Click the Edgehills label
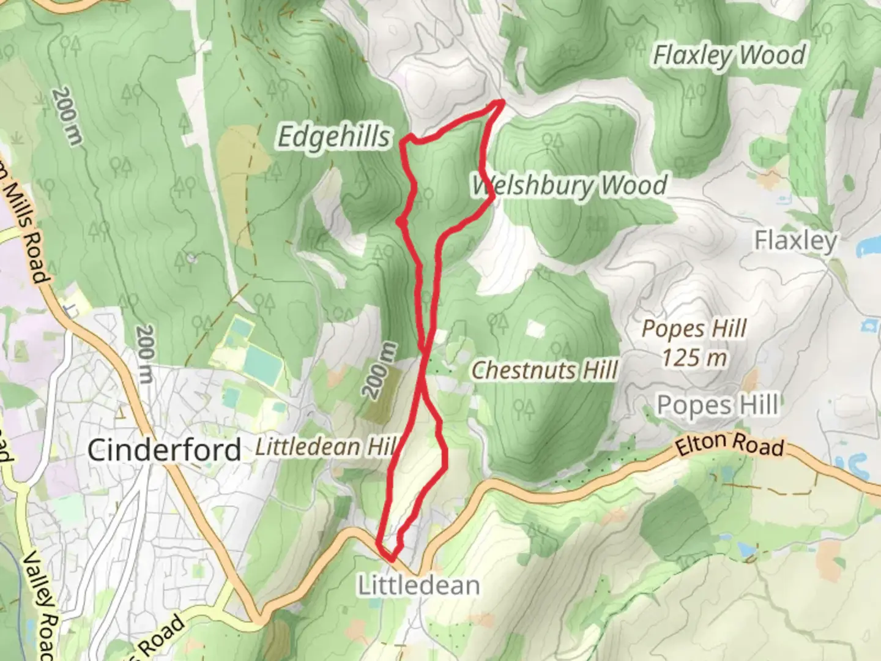(333, 136)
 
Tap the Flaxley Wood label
(729, 56)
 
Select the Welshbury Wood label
(569, 185)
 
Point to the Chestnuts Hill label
(545, 370)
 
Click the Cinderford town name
(164, 450)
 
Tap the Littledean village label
(418, 586)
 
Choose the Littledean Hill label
(324, 447)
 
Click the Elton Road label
(729, 445)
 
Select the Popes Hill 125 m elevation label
(694, 343)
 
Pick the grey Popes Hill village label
(717, 405)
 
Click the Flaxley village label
(795, 241)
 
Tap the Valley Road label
(43, 606)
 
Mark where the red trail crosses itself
(423, 349)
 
